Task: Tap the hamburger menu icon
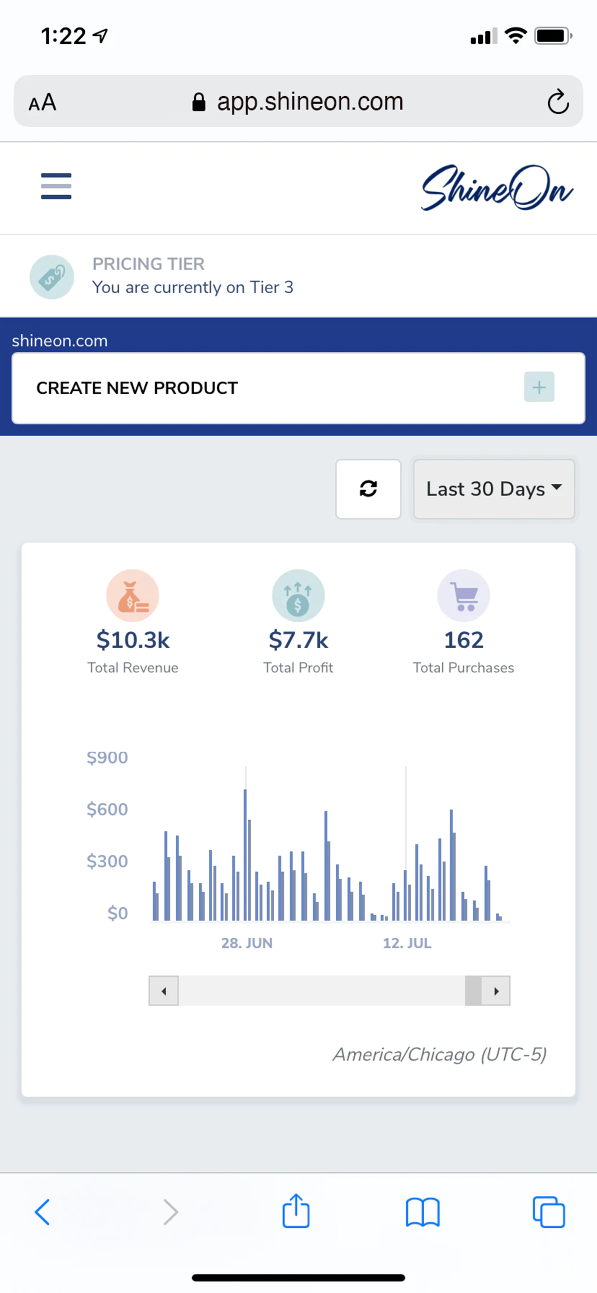[56, 186]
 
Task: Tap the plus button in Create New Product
[539, 387]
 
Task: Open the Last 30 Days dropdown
[494, 489]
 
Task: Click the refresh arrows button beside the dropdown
[368, 489]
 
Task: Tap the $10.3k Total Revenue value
[133, 640]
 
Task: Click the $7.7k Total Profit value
[298, 640]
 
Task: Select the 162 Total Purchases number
[464, 640]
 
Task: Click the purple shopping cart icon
[464, 596]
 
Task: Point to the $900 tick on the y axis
[107, 757]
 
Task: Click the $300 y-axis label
[107, 861]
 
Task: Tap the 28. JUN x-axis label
[247, 943]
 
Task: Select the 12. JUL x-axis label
[407, 943]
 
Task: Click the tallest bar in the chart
[245, 853]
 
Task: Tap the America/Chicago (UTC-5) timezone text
[439, 1055]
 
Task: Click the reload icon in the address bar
[558, 102]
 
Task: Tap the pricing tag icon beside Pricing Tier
[52, 277]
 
